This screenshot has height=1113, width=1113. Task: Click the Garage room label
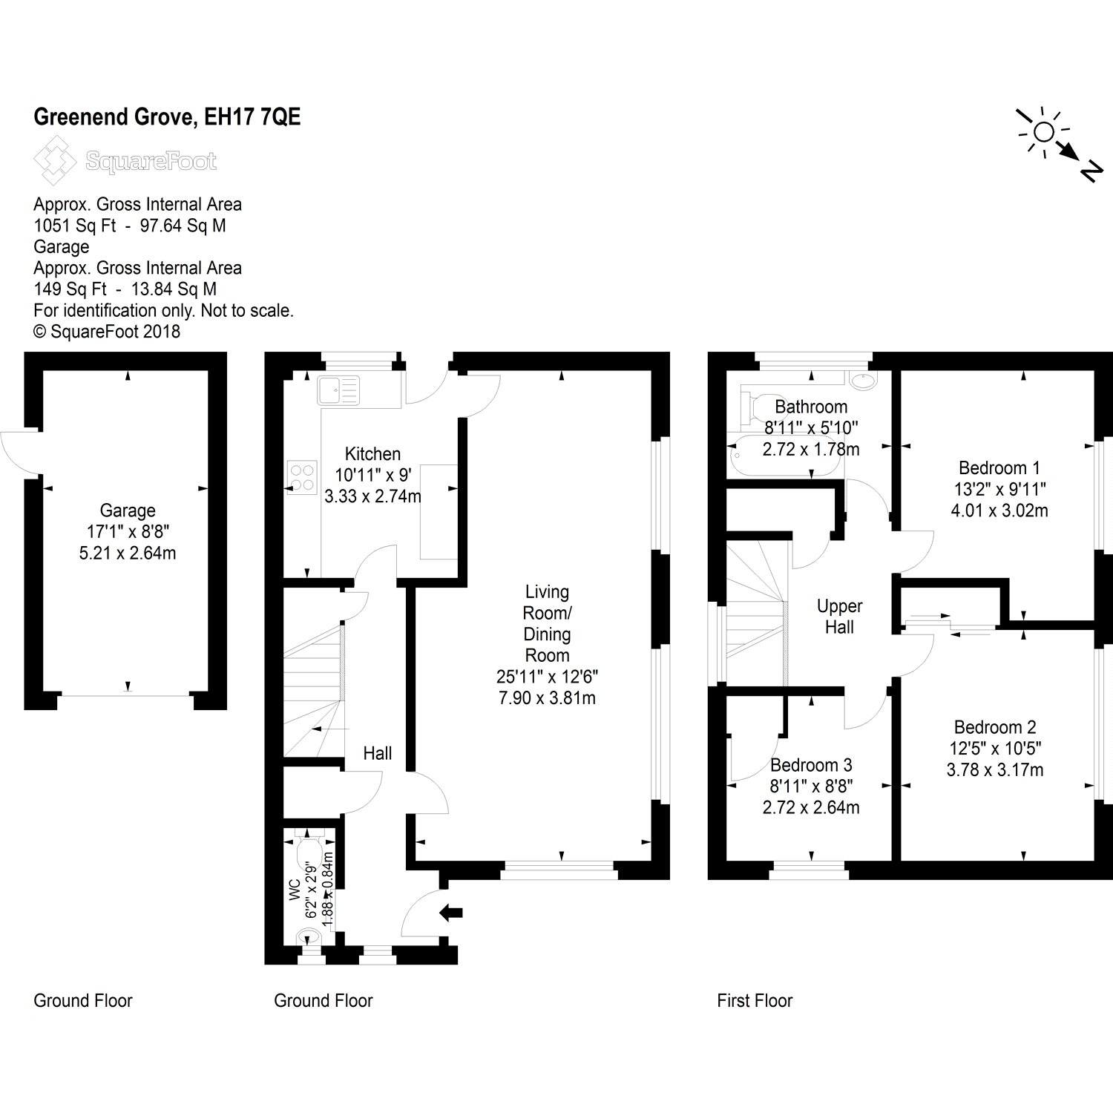coord(128,510)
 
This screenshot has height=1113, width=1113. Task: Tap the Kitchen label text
coord(372,454)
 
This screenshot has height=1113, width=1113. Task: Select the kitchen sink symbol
coord(338,390)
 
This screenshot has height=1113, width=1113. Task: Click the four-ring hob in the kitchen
coord(302,477)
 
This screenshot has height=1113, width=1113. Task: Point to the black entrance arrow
coord(451,912)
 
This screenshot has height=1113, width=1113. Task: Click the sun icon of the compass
coord(1043,132)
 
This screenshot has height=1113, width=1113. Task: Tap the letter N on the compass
coord(1089,172)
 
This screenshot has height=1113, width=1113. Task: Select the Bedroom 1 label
coord(999,467)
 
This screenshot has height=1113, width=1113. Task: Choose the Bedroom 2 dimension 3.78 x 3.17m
coord(994,770)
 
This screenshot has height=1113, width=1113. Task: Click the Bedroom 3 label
coord(811,765)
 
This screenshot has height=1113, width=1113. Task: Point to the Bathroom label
coord(811,407)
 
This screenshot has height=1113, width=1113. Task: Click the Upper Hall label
coord(839,617)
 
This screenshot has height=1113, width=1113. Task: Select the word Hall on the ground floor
coord(377,753)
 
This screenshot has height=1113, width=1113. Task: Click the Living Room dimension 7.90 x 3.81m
coord(547,697)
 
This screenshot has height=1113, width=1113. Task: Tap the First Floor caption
coord(755,1001)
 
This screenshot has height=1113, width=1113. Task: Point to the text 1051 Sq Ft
coord(74,226)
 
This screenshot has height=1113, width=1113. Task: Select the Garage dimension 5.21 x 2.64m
coord(128,553)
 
